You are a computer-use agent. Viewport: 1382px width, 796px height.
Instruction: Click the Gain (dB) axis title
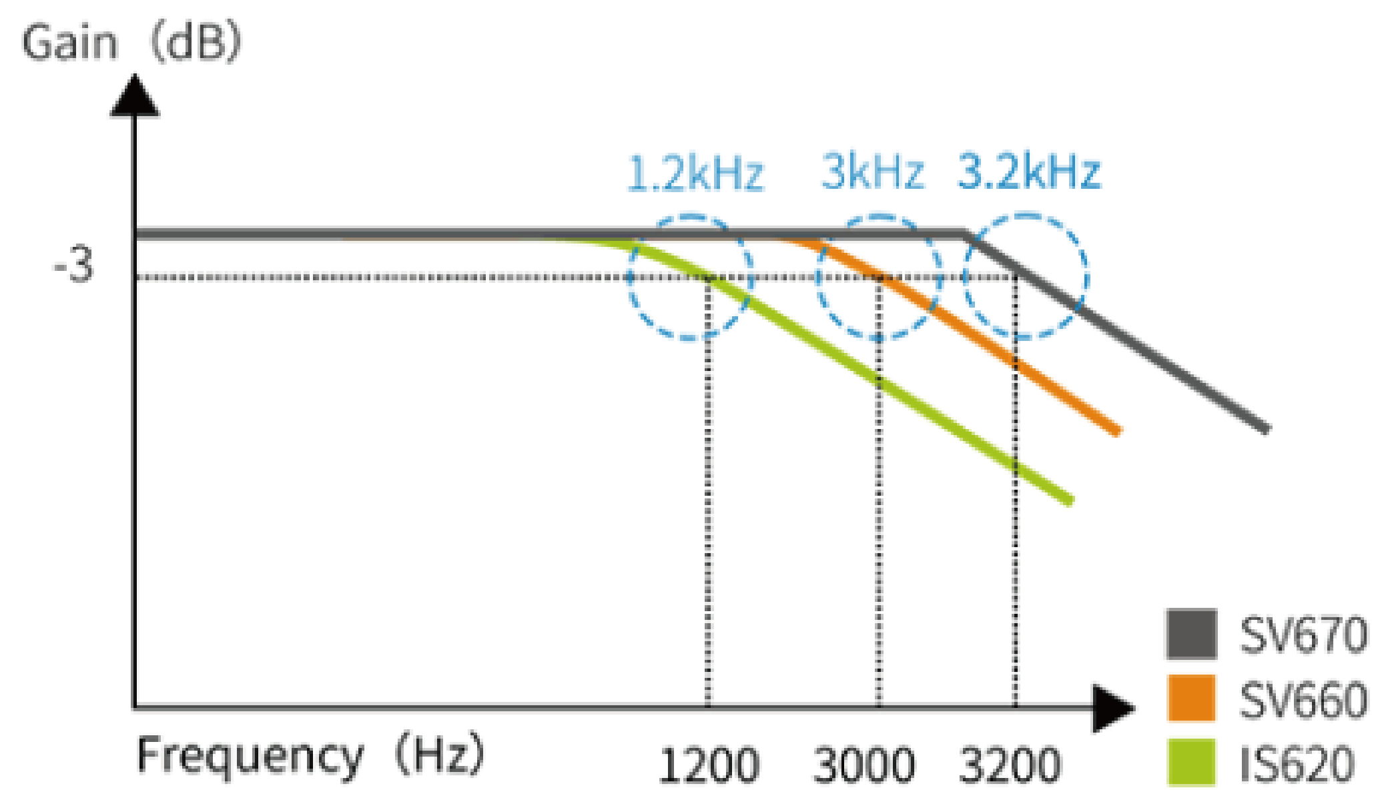[131, 43]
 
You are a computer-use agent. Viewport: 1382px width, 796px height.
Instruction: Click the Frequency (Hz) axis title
[310, 756]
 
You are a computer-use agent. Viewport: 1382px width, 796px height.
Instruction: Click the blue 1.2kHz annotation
[695, 173]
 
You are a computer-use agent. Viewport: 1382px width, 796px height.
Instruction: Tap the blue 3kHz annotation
[873, 172]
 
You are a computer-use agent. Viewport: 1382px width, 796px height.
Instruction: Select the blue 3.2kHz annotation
[1029, 172]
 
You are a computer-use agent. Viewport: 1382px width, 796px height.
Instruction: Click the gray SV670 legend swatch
[1192, 634]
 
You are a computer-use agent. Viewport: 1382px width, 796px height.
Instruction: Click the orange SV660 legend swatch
[1192, 698]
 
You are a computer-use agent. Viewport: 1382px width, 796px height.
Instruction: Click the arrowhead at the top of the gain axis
[135, 97]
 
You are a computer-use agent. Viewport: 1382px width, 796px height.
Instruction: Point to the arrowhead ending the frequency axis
[1113, 707]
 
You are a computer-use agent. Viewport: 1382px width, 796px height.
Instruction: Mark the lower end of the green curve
[1069, 500]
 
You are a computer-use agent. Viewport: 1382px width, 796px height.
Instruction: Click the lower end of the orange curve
[1117, 431]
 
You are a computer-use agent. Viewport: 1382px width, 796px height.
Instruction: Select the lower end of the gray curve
[1265, 429]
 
